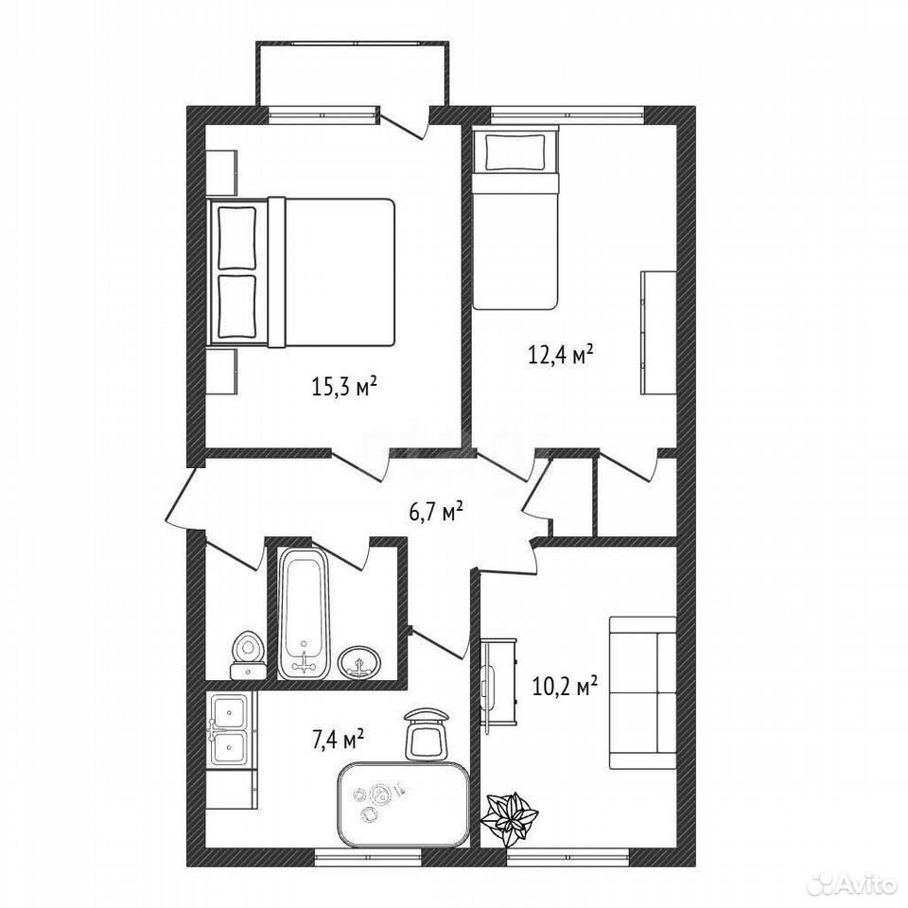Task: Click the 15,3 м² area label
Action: (345, 386)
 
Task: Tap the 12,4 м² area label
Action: (561, 353)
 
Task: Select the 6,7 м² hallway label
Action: (436, 512)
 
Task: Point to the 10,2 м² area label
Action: (565, 688)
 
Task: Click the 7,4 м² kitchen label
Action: (339, 740)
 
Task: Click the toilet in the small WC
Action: (249, 655)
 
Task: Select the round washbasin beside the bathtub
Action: (359, 662)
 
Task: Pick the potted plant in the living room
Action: (510, 816)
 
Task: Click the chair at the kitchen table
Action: (427, 733)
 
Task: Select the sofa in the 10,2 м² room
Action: (643, 692)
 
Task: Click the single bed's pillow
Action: (515, 152)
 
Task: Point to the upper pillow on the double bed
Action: (236, 237)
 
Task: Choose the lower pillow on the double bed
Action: (236, 306)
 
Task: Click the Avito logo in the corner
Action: (852, 883)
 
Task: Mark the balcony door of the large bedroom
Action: (404, 124)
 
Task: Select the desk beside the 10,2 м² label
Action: (498, 682)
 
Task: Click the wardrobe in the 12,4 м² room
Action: (658, 332)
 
